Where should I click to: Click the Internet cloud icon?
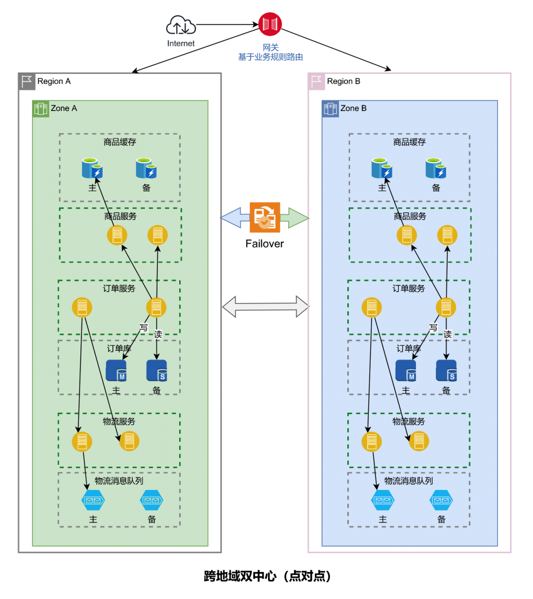point(181,25)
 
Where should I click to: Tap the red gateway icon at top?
point(270,24)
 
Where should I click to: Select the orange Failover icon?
point(265,217)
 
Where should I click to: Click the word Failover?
point(265,244)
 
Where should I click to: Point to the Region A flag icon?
point(27,81)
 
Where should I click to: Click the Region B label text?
point(343,81)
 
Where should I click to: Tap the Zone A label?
point(64,109)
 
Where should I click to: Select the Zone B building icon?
point(330,109)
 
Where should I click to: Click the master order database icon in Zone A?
point(116,371)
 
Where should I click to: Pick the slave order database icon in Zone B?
point(446,371)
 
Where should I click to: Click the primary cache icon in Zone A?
point(92,168)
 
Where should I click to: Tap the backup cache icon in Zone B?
point(436,168)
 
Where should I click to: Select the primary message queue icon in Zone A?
point(93,500)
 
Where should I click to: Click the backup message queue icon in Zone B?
point(441,500)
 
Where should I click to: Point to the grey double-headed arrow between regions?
point(266,307)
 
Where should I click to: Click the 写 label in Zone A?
point(144,327)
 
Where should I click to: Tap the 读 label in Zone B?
point(448,334)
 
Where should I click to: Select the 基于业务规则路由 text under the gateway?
point(270,57)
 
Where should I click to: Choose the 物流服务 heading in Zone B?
point(409,421)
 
